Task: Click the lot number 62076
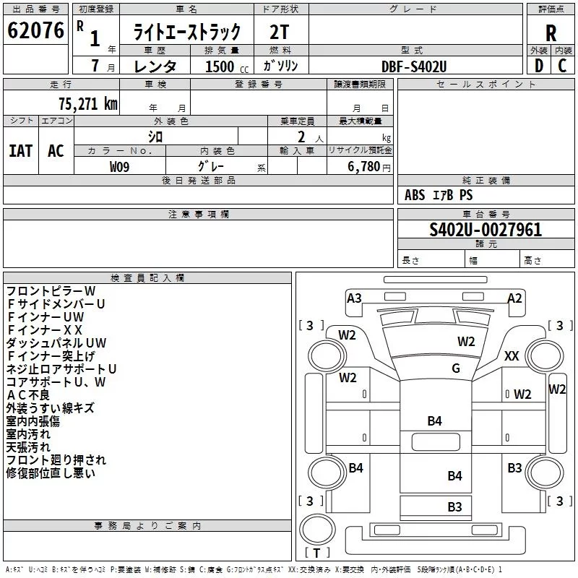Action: pos(35,32)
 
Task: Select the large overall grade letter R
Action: pos(551,34)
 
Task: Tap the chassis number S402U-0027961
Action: pos(486,230)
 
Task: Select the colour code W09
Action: pos(120,166)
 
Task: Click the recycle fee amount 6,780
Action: pos(365,167)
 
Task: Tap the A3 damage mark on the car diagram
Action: pos(354,298)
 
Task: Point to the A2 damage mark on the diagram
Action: pos(514,298)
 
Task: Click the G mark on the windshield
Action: pos(455,368)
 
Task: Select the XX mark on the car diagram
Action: pos(512,356)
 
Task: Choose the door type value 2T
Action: pos(280,33)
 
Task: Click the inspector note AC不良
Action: pos(29,395)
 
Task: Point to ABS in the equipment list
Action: pos(415,195)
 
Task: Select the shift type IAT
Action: pos(21,150)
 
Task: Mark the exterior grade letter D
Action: pos(538,66)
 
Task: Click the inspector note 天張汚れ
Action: pos(28,447)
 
